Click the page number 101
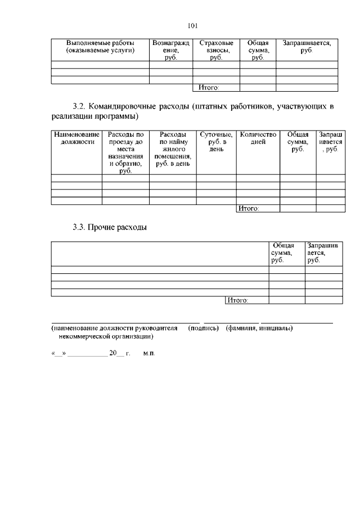pos(193,25)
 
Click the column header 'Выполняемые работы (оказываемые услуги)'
pos(100,47)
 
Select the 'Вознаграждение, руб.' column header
pos(171,50)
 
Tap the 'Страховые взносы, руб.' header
pos(216,50)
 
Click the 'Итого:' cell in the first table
pos(205,87)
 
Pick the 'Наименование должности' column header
pos(76,138)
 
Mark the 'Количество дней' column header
pos(258,138)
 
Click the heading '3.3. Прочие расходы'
pos(110,228)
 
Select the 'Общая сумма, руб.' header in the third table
pos(286,253)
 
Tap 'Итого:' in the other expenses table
pos(237,300)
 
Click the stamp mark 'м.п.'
pos(149,354)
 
